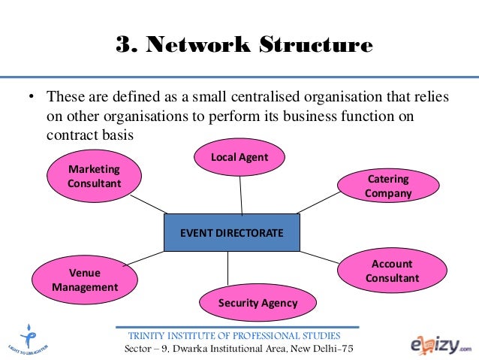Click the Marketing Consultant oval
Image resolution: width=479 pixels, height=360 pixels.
tap(95, 175)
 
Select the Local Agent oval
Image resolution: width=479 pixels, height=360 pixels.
tap(239, 157)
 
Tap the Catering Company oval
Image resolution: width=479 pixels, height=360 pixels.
tap(388, 186)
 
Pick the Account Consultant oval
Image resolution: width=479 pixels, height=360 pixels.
tap(392, 271)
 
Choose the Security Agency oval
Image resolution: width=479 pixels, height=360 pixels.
tap(258, 304)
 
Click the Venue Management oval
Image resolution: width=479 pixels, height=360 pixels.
tap(85, 279)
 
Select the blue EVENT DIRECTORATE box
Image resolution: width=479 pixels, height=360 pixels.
tap(231, 233)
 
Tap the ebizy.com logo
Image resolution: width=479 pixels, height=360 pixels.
tap(440, 343)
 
